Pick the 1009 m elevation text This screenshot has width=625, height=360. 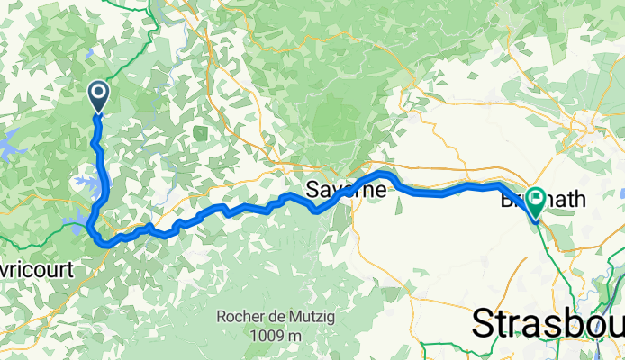click(277, 335)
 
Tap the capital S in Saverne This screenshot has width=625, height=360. click(312, 191)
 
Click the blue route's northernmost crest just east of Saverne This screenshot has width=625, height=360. click(384, 173)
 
